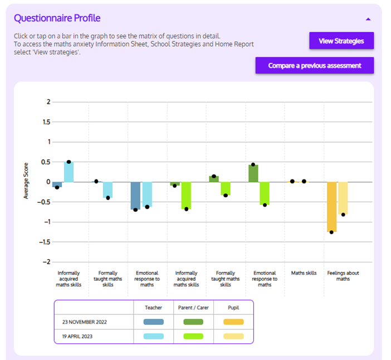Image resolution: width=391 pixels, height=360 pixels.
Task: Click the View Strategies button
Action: (x=341, y=41)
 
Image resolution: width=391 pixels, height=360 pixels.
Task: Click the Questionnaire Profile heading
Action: (x=57, y=18)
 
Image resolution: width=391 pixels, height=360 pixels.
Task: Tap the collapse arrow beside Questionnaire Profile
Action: (x=368, y=19)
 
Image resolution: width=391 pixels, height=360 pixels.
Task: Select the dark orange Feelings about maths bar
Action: (x=331, y=207)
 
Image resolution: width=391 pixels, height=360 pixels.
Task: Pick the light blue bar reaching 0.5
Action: (x=69, y=172)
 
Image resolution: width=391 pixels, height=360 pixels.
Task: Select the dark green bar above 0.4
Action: (x=253, y=173)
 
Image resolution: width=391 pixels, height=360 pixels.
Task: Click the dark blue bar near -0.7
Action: (x=135, y=196)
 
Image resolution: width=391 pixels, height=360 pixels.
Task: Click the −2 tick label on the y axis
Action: (x=46, y=262)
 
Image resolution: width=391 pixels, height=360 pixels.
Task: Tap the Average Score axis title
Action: (x=26, y=182)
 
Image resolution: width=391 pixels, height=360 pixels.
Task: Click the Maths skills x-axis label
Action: (x=304, y=273)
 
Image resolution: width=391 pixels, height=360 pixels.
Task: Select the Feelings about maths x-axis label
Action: (x=343, y=276)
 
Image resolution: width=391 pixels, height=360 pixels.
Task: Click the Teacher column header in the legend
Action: (x=153, y=307)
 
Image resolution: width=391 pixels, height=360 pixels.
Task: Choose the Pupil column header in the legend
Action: (x=233, y=307)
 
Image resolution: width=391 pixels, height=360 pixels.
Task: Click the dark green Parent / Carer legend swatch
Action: (x=193, y=322)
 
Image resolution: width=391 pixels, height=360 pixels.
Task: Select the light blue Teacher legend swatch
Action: (x=153, y=337)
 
